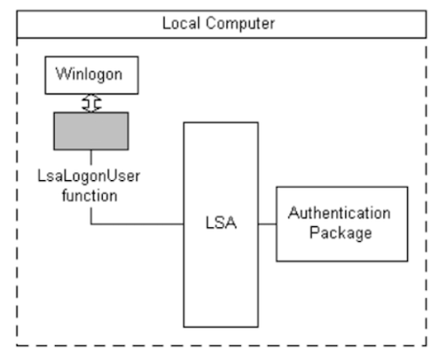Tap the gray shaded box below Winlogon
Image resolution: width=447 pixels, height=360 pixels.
pyautogui.click(x=90, y=130)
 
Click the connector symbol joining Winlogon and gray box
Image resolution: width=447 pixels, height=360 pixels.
pyautogui.click(x=90, y=103)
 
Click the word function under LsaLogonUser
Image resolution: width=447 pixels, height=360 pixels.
pyautogui.click(x=90, y=195)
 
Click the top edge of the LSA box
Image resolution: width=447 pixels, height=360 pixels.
pyautogui.click(x=220, y=122)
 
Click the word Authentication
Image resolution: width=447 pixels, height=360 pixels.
pyautogui.click(x=340, y=214)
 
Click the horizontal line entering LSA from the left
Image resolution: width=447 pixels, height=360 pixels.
pyautogui.click(x=140, y=225)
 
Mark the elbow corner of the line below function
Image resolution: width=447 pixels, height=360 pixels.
pyautogui.click(x=90, y=225)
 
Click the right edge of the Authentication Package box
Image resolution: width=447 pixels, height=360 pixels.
pyautogui.click(x=407, y=224)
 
